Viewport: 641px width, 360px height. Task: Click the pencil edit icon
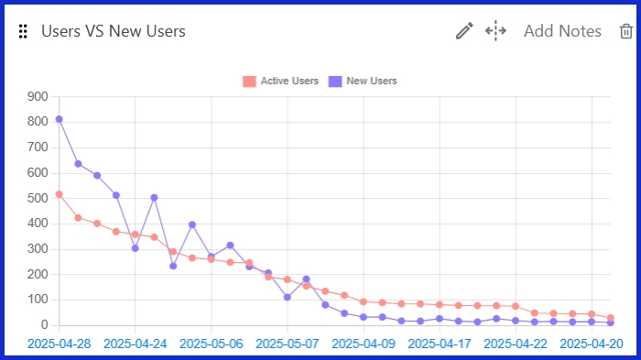(x=464, y=31)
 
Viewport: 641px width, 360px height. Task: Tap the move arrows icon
(x=495, y=31)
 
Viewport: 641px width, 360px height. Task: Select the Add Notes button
(x=562, y=31)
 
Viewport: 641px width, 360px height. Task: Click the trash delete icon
(x=625, y=31)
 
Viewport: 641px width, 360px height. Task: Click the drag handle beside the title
(x=23, y=31)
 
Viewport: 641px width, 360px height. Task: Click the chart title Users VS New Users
(x=114, y=31)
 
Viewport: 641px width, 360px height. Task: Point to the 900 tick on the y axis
(x=38, y=96)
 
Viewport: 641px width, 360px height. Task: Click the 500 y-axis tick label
(x=38, y=198)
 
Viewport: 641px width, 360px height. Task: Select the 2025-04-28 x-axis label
(x=59, y=344)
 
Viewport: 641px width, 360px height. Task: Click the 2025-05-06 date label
(x=212, y=344)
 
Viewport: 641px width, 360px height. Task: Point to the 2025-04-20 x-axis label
(x=592, y=344)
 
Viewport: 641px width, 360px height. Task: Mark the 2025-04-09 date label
(x=364, y=344)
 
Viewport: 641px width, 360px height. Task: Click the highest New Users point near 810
(x=59, y=119)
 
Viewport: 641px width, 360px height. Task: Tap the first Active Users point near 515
(x=59, y=194)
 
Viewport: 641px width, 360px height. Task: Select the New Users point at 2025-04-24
(x=135, y=248)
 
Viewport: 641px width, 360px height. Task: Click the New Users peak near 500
(x=154, y=197)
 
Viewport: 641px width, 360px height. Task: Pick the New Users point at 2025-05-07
(x=288, y=297)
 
